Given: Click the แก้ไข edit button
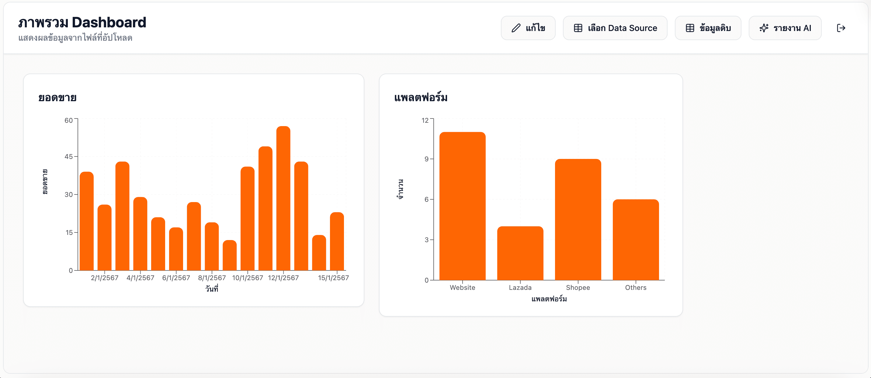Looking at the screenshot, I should (x=528, y=28).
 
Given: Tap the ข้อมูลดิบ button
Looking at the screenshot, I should (x=708, y=28).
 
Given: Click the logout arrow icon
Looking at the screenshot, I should (x=841, y=28).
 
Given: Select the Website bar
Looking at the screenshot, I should (x=462, y=206).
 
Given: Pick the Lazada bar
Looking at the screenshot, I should (x=520, y=253).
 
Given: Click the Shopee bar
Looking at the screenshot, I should (x=578, y=220).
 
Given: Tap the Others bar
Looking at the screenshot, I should (x=636, y=240).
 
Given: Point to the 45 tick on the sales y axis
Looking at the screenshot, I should (x=69, y=156).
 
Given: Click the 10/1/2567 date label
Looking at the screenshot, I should (x=248, y=278).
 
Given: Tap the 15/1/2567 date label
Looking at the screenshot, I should (x=333, y=278).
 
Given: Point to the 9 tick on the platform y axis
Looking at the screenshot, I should (x=426, y=159).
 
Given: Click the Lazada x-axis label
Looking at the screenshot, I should (x=520, y=287).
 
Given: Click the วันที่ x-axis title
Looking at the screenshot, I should (x=212, y=289).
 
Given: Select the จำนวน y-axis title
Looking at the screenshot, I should (x=400, y=189).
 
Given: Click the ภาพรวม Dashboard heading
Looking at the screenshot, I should (x=82, y=22).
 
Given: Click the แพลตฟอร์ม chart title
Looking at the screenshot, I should (x=421, y=98).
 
